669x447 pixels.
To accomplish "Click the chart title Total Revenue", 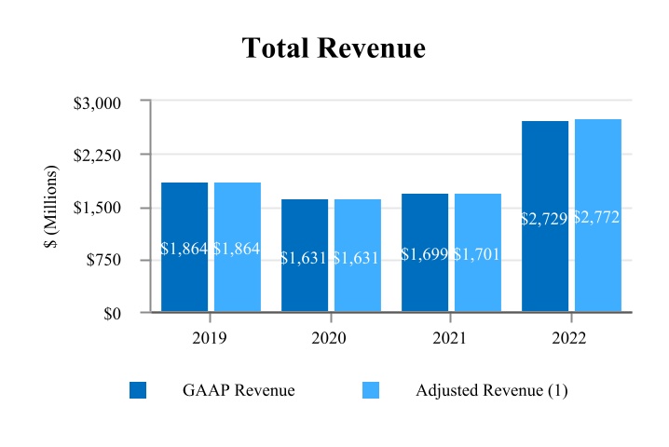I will click(334, 48).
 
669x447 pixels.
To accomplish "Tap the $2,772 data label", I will click(597, 217).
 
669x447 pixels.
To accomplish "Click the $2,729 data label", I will click(545, 219).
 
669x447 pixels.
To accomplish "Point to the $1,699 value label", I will click(425, 254).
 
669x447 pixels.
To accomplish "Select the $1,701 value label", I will click(478, 254).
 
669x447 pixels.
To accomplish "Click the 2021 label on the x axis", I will click(450, 338).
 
